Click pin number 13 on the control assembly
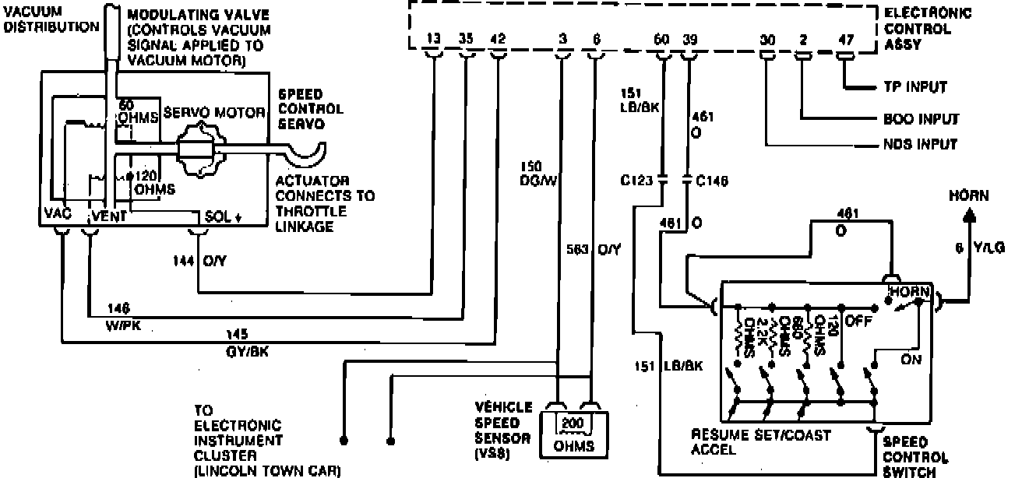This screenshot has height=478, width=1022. [433, 37]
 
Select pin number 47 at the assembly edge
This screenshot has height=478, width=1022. [846, 37]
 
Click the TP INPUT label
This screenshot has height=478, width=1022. [921, 87]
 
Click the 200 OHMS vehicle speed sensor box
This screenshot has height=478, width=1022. [575, 430]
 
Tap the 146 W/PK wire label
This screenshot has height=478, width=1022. [120, 313]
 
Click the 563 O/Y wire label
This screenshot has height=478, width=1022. [593, 250]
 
